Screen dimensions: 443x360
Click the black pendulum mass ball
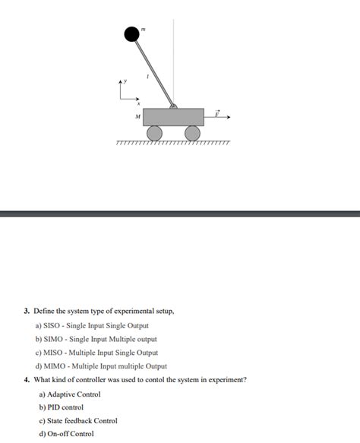132,33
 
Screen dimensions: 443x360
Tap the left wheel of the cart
155,134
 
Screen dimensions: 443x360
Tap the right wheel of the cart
193,134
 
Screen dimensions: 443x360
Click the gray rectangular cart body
174,117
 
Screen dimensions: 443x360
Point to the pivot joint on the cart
174,106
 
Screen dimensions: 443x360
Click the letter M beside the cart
137,117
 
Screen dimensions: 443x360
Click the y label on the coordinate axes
128,80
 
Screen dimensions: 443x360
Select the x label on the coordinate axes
137,104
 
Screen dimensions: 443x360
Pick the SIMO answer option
96,339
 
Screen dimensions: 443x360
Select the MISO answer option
96,353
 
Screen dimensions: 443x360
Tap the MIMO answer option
100,365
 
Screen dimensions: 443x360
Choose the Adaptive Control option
69,394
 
